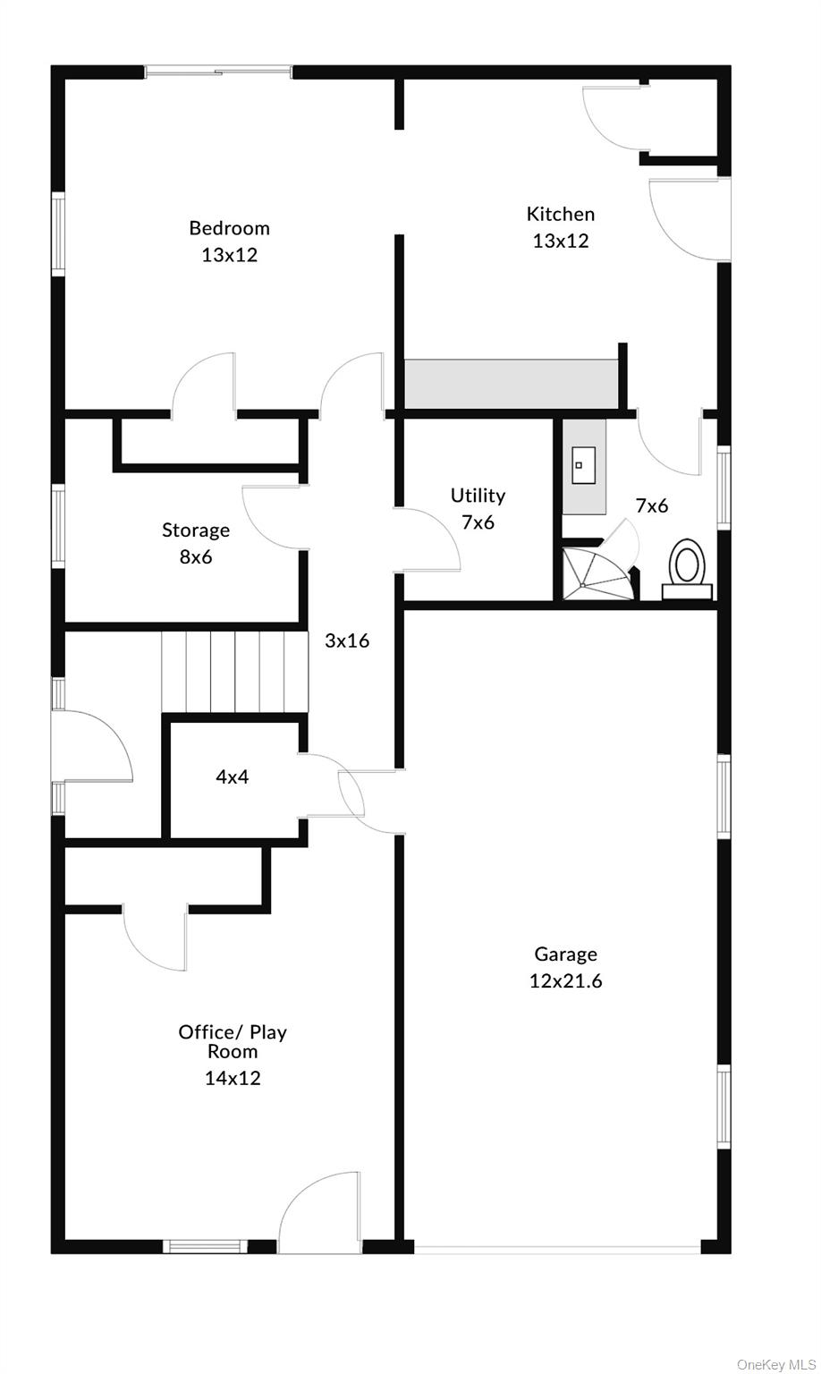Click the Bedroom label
tap(229, 228)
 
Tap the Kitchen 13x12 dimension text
tap(561, 241)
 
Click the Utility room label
tap(478, 496)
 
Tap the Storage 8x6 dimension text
tap(196, 556)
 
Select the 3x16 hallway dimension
tap(347, 640)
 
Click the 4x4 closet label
tap(233, 776)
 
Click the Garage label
tap(565, 954)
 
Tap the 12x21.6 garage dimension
tap(565, 980)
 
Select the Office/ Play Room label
tap(233, 1041)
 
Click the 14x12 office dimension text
tap(233, 1078)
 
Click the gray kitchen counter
tap(511, 385)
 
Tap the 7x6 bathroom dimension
tap(651, 505)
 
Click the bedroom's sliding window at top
tap(218, 71)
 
